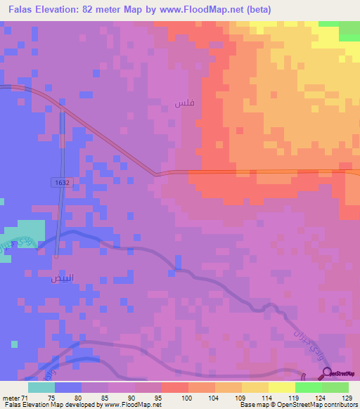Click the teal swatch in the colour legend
[41, 387]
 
